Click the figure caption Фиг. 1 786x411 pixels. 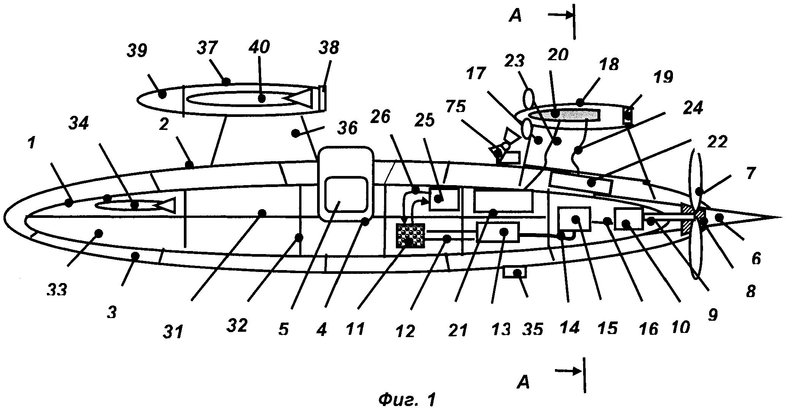pos(407,400)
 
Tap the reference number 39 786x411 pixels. pos(137,50)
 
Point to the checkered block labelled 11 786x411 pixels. pos(411,236)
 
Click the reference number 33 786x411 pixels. pos(57,291)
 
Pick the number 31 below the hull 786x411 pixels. pos(174,331)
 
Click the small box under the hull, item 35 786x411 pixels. pos(514,272)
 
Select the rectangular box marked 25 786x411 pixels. pos(444,199)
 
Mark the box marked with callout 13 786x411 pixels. pos(498,232)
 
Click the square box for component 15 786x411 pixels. pos(574,219)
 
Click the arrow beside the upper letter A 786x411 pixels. pos(560,15)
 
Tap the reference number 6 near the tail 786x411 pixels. pos(756,259)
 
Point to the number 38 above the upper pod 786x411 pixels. pos(328,48)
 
